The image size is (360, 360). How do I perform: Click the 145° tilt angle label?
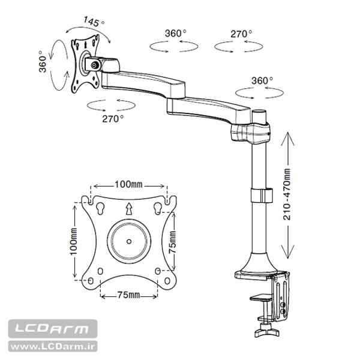pos(94,22)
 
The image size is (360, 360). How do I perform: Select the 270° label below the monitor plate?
pos(113,118)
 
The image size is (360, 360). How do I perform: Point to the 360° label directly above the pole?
pos(262,80)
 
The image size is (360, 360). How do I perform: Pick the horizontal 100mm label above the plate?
pos(128,184)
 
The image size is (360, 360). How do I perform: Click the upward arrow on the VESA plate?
pos(128,209)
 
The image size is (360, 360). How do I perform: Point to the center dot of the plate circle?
pos(128,241)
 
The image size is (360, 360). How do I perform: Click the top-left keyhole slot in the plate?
pos(100,208)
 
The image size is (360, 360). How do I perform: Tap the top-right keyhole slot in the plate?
pos(157,208)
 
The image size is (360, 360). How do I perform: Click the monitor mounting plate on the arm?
pos(84,65)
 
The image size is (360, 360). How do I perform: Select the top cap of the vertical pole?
pos(260,112)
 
